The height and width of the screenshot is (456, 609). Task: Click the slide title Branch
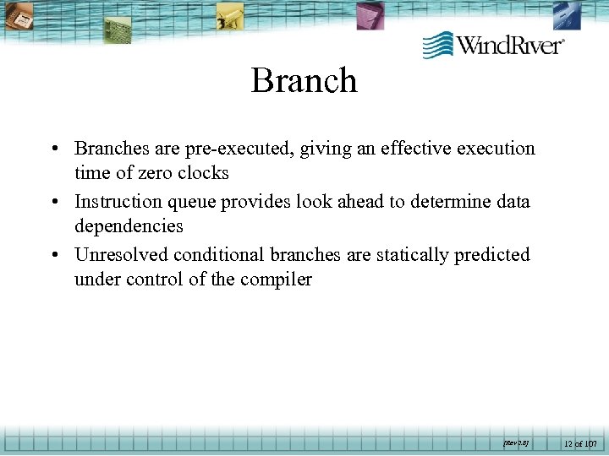click(x=304, y=81)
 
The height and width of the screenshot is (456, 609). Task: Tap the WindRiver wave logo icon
click(x=437, y=45)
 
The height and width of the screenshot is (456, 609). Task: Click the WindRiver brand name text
click(x=510, y=45)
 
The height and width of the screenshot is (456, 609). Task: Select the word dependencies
click(x=129, y=226)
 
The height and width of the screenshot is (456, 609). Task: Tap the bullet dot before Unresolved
click(x=53, y=255)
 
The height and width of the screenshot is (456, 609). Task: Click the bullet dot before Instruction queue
click(x=53, y=202)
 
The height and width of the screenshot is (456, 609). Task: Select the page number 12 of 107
click(x=579, y=442)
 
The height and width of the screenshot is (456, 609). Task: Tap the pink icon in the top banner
click(x=368, y=14)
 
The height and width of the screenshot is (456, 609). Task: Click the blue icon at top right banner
click(x=566, y=15)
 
